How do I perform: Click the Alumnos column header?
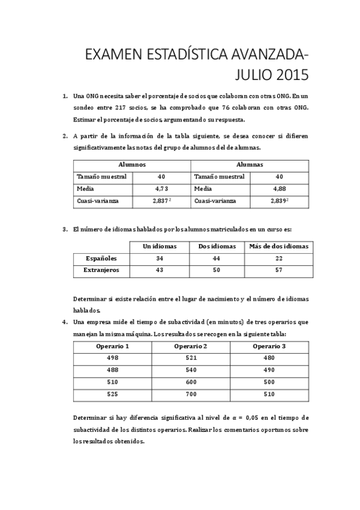[132, 164]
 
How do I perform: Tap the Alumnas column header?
[249, 164]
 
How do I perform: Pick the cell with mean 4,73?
[161, 188]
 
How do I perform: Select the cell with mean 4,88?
[279, 188]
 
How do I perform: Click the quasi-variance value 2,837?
[160, 201]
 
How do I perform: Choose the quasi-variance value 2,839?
[278, 201]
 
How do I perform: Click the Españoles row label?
[101, 258]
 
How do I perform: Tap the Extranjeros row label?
[101, 270]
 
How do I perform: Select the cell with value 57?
[278, 270]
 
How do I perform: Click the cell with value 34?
[159, 258]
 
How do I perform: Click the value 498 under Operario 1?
[112, 358]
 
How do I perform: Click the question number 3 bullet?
[65, 229]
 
